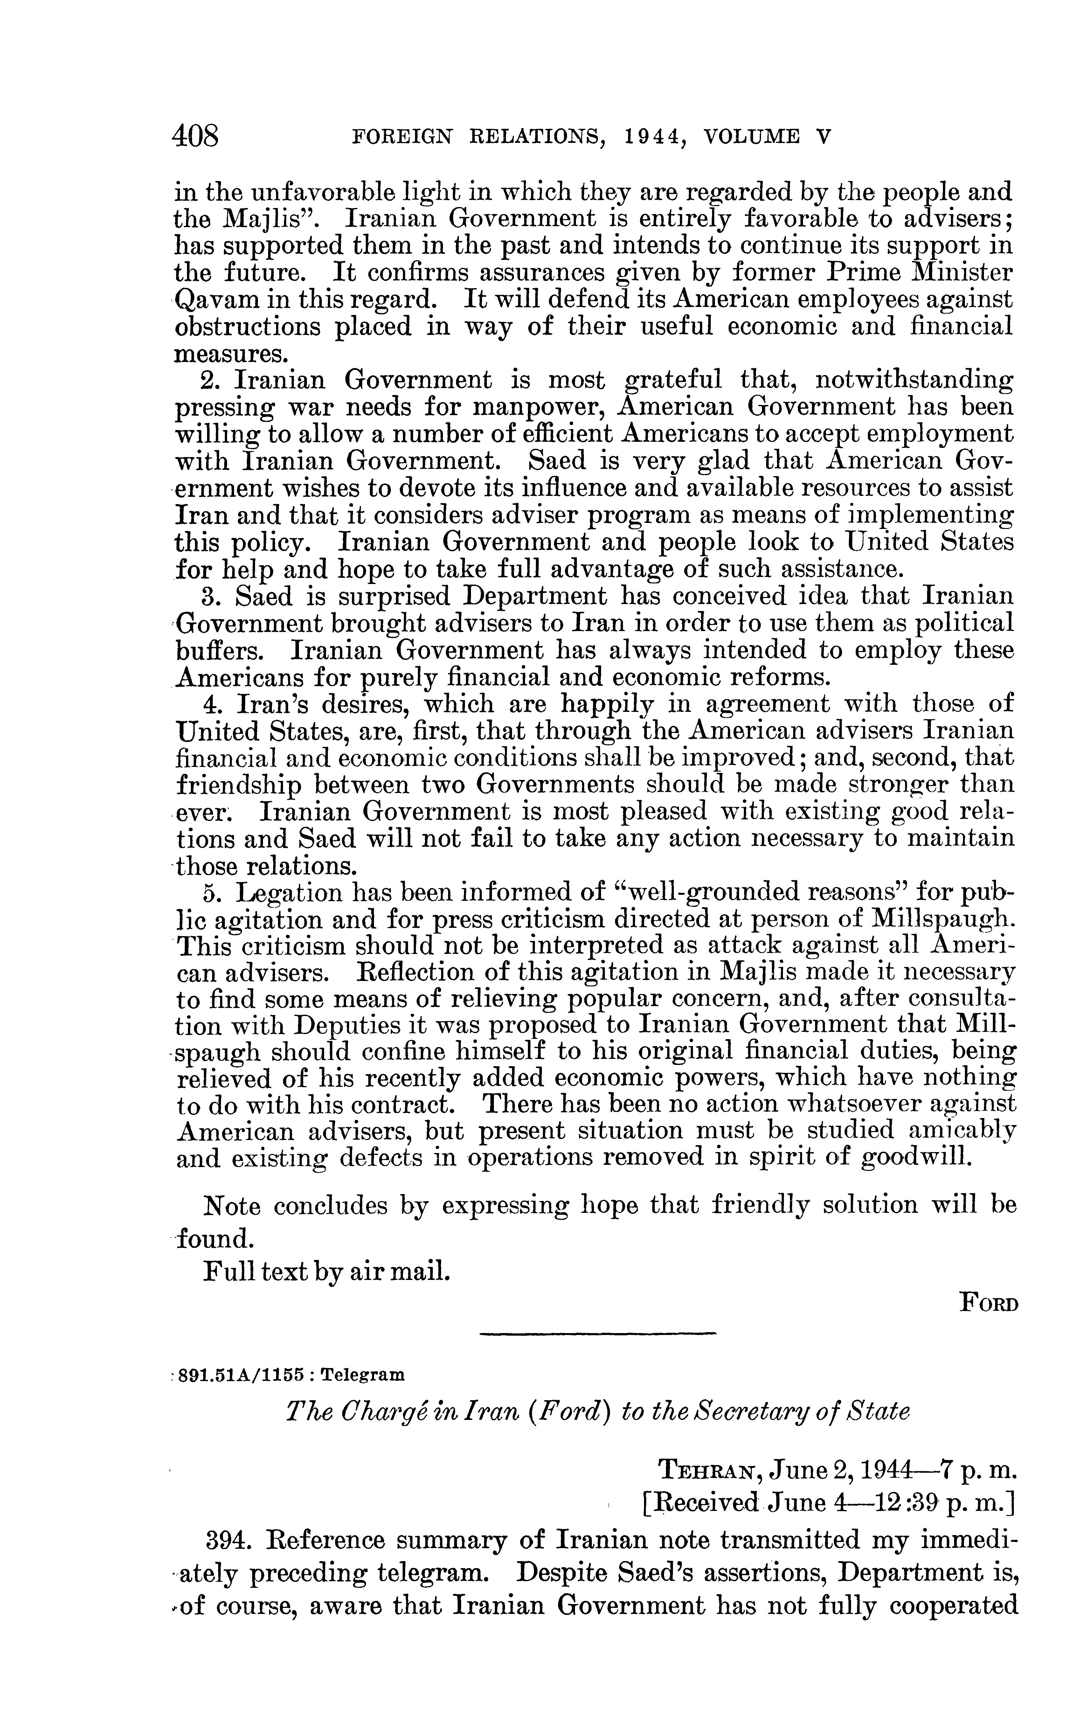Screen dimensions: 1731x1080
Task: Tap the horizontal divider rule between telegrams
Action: coord(597,1333)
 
